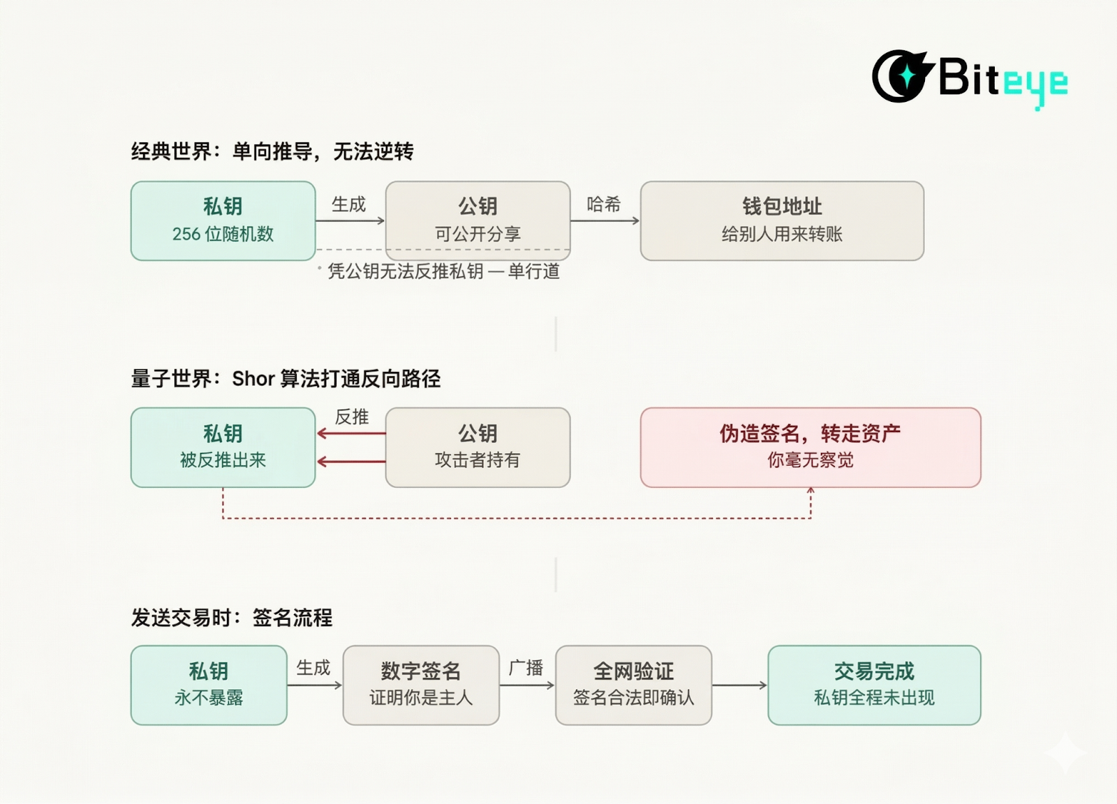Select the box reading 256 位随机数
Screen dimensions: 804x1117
(223, 221)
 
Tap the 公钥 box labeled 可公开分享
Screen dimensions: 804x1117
(478, 221)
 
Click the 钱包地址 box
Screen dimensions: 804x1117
(782, 221)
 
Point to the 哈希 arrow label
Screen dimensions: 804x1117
(604, 204)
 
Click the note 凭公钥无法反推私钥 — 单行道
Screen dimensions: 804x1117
(443, 271)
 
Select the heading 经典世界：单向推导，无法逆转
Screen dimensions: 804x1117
(272, 151)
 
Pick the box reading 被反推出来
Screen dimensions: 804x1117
(223, 447)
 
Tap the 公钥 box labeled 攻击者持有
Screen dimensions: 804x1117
(478, 447)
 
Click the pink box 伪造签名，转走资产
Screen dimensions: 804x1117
(810, 447)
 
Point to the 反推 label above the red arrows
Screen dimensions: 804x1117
(352, 417)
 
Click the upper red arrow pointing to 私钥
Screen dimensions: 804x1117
(351, 433)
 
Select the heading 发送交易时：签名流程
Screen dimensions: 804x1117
(232, 618)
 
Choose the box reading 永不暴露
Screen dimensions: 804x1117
(209, 685)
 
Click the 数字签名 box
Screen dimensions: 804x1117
(421, 685)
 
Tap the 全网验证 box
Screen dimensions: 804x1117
(633, 685)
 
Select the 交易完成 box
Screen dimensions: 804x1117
(874, 685)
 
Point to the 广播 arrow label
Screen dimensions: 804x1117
(526, 668)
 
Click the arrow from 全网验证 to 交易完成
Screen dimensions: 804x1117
(739, 685)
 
